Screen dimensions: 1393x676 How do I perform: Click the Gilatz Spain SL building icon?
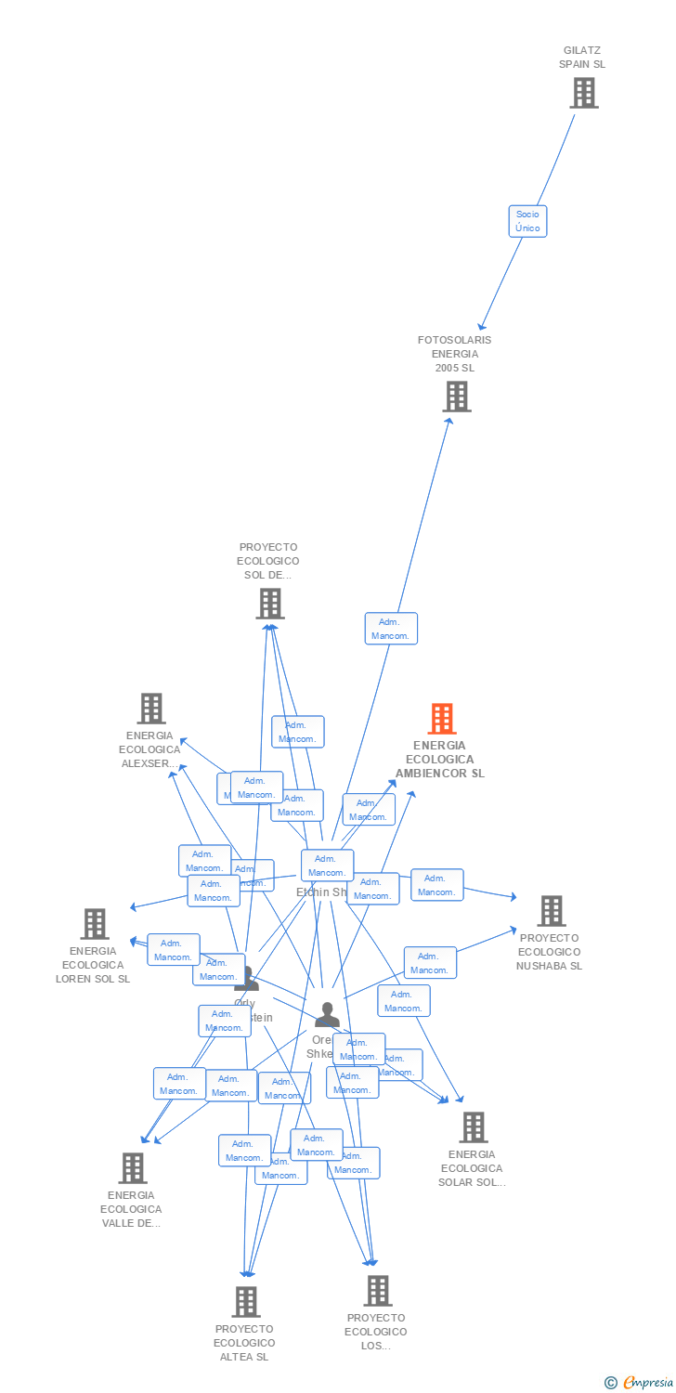(583, 93)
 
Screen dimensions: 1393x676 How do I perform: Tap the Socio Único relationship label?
(527, 221)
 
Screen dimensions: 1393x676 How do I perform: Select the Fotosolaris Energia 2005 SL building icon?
(456, 397)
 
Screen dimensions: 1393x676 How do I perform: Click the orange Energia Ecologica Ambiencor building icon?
(442, 719)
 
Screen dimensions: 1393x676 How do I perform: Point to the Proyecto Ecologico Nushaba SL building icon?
(552, 911)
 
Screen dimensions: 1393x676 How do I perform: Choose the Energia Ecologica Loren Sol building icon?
(95, 924)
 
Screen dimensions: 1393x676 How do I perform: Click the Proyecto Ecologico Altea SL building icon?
(245, 1301)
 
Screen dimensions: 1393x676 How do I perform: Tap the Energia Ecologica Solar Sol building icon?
(474, 1127)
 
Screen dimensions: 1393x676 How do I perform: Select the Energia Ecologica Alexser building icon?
(151, 709)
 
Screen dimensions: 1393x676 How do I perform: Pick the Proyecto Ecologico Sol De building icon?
(269, 604)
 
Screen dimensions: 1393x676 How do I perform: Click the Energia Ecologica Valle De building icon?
(133, 1168)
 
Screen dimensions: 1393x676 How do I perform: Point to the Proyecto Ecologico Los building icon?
(377, 1291)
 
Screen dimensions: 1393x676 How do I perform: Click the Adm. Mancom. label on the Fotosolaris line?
(391, 629)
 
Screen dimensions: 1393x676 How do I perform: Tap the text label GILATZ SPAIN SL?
(582, 58)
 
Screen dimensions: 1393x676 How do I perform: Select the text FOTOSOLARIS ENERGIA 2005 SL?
(455, 354)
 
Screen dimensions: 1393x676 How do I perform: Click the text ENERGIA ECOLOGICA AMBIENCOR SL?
(440, 759)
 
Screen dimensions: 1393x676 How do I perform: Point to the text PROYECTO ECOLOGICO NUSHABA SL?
(550, 952)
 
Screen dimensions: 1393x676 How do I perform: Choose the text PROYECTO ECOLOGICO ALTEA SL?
(244, 1343)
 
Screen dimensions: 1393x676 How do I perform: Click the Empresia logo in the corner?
(640, 1383)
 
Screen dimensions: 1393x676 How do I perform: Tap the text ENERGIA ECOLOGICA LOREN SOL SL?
(93, 965)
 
